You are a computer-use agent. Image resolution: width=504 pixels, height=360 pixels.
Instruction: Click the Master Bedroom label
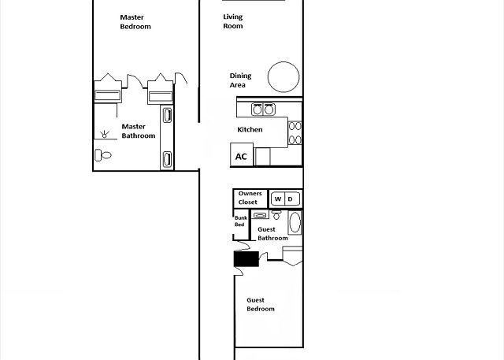pyautogui.click(x=135, y=22)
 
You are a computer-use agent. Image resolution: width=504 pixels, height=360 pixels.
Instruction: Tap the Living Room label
pyautogui.click(x=233, y=21)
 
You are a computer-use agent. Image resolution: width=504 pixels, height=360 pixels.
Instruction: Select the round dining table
pyautogui.click(x=283, y=77)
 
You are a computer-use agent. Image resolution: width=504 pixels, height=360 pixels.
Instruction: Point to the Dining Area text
pyautogui.click(x=240, y=80)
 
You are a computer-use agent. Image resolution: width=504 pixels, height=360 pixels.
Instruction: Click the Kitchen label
pyautogui.click(x=250, y=129)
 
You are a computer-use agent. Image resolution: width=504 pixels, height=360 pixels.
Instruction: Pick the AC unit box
pyautogui.click(x=242, y=154)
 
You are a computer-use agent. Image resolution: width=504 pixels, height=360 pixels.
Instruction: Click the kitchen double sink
pyautogui.click(x=263, y=109)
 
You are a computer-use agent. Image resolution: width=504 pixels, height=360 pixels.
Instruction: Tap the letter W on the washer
pyautogui.click(x=278, y=199)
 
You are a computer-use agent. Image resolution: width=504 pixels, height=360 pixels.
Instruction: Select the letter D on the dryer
pyautogui.click(x=291, y=199)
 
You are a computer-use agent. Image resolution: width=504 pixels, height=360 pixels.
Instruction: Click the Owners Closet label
pyautogui.click(x=250, y=198)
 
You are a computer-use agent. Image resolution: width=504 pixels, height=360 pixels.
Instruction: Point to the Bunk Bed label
pyautogui.click(x=241, y=221)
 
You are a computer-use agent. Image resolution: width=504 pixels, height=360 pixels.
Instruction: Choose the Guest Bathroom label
pyautogui.click(x=272, y=234)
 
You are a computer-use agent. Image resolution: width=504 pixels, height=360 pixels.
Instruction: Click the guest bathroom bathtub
pyautogui.click(x=295, y=222)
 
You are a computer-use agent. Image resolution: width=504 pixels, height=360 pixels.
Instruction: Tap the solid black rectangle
pyautogui.click(x=246, y=259)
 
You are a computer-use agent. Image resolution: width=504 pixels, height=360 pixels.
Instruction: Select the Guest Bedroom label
pyautogui.click(x=261, y=304)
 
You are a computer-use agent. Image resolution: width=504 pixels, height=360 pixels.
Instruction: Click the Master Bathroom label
pyautogui.click(x=139, y=131)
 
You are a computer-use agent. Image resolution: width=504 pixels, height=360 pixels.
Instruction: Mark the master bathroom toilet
pyautogui.click(x=103, y=155)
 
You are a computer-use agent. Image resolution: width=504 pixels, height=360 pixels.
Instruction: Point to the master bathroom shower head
pyautogui.click(x=104, y=135)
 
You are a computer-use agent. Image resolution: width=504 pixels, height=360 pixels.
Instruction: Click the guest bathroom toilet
pyautogui.click(x=276, y=215)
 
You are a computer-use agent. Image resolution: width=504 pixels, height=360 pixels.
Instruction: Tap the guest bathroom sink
pyautogui.click(x=260, y=215)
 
